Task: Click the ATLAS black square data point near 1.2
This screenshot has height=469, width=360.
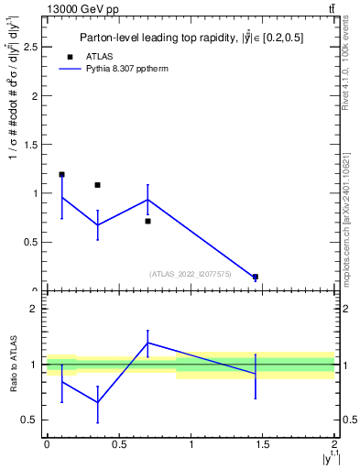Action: [x=61, y=174]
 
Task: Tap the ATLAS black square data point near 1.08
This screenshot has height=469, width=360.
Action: [x=97, y=185]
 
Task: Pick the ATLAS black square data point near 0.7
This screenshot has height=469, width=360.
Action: [x=147, y=221]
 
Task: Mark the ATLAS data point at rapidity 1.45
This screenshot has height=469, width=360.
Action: [x=256, y=277]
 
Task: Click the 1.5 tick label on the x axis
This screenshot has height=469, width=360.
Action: [x=263, y=444]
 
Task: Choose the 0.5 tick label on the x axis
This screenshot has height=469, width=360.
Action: [x=118, y=444]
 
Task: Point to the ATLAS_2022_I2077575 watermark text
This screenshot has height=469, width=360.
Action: [x=191, y=273]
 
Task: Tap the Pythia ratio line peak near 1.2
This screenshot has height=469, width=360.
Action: [x=147, y=343]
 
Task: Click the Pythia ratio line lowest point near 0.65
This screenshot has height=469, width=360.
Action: [x=97, y=402]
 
